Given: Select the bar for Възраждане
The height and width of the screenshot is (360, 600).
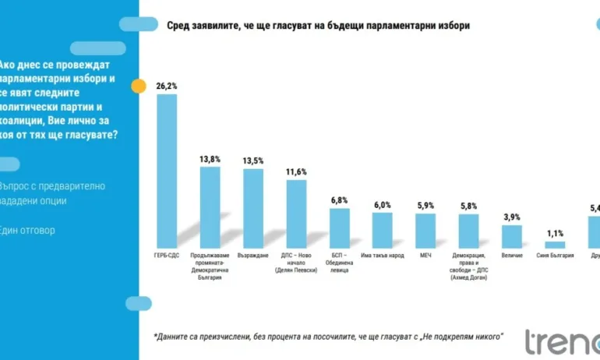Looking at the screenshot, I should coord(253,206).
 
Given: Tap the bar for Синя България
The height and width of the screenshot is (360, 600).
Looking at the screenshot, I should coord(554,244).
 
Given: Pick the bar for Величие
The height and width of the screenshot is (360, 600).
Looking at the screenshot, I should coord(511,235).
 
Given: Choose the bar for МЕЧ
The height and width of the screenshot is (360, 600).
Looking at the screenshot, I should coord(425,230).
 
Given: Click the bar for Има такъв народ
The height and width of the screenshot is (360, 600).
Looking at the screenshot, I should coord(382,229).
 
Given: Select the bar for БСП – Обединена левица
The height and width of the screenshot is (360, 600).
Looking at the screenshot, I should coord(339,227).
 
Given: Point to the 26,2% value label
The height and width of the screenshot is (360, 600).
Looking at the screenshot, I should coord(167,86).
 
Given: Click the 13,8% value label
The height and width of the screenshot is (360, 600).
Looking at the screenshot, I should coord(210,158).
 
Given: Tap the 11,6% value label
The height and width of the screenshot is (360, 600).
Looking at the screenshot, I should coord(296,171).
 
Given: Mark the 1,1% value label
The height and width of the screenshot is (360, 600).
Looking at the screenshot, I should coord(554,233).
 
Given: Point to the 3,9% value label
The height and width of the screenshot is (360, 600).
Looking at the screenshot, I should coord(511,217).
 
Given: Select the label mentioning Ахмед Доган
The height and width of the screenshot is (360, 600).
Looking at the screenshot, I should coord(468,266).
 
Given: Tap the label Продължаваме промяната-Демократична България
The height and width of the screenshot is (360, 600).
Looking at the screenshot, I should coord(210,266).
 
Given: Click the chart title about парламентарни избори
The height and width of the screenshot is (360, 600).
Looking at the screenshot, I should coord(318,26).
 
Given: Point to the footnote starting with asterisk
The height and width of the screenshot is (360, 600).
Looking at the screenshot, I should coord(328,337).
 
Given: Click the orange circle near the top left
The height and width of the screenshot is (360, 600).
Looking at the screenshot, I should coord(139,86).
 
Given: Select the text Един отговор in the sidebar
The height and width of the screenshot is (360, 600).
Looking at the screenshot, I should coord(28,230).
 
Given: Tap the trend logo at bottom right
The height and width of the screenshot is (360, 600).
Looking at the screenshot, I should coord(561,341).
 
